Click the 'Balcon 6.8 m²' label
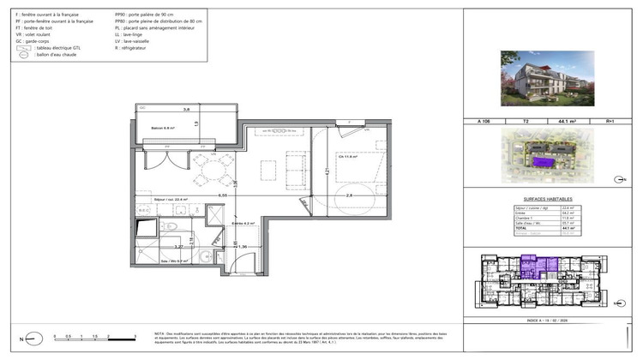(x=163, y=129)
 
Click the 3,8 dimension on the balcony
(x=185, y=109)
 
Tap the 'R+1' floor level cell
(x=610, y=122)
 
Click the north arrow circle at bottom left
(x=27, y=338)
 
